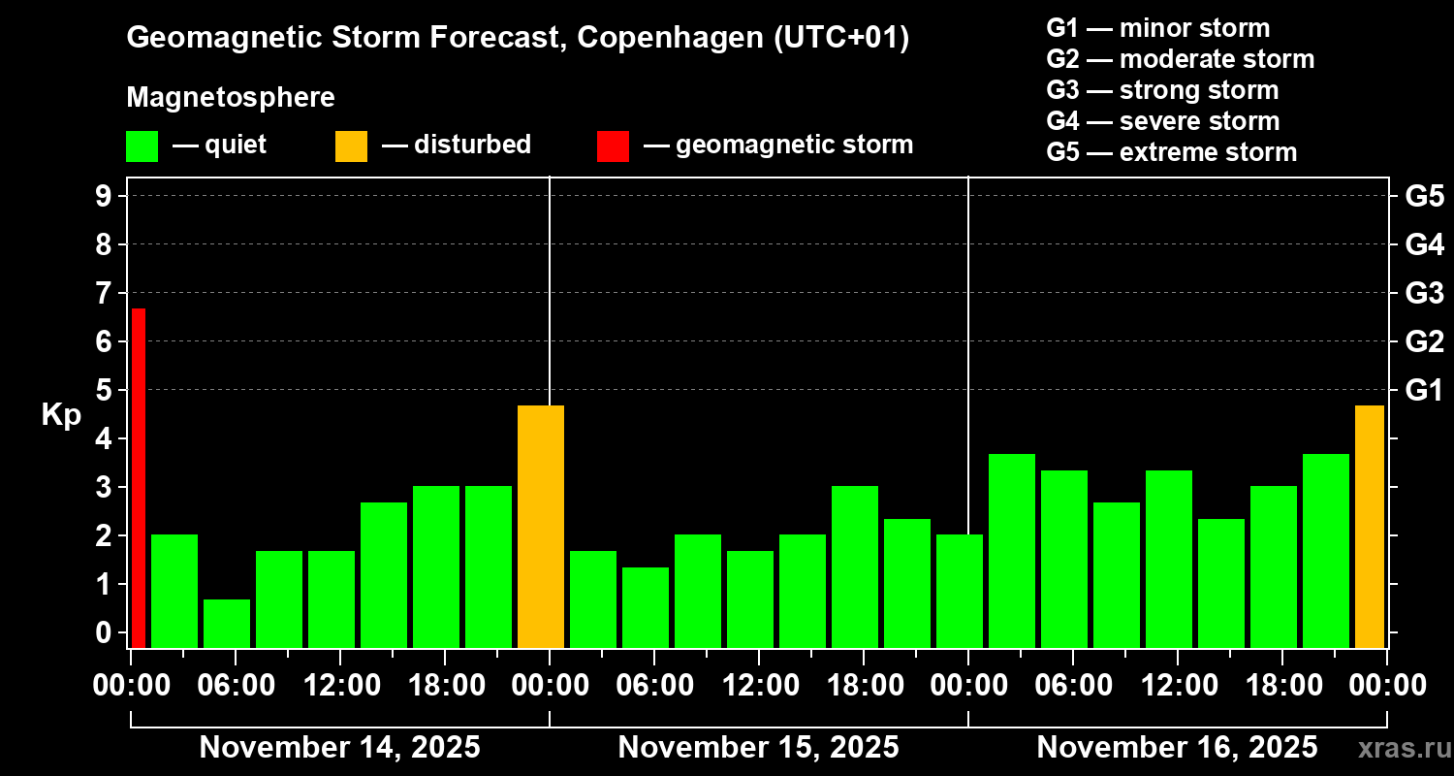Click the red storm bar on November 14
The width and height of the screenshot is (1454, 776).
coord(139,477)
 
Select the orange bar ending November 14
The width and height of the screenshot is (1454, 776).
coord(541,526)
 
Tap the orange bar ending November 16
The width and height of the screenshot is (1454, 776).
coord(1370,526)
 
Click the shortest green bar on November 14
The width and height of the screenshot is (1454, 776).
coord(227,623)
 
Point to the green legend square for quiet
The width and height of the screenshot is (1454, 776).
coord(142,145)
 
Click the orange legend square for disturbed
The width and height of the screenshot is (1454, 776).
coord(351,145)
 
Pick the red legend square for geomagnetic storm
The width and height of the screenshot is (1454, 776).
coord(613,145)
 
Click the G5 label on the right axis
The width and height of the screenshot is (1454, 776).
coord(1424,197)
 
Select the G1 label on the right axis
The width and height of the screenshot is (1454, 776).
coord(1424,391)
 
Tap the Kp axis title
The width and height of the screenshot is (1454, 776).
coord(60,415)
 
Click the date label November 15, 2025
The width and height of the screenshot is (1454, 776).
coord(758,747)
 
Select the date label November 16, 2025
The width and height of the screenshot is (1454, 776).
coord(1177,747)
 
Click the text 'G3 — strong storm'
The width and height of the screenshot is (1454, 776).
coord(1162,90)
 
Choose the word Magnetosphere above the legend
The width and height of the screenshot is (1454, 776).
coord(231,98)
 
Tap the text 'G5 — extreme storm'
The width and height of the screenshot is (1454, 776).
coord(1171,152)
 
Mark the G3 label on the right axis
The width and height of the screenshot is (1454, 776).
coord(1424,294)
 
